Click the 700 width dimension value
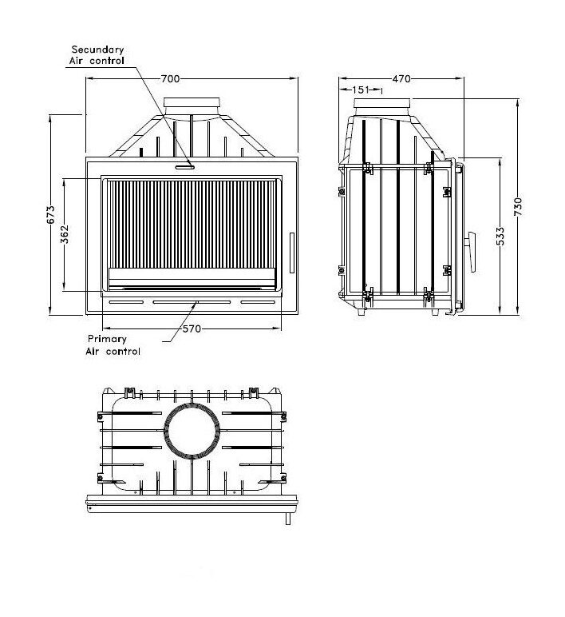point(170,78)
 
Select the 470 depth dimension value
point(401,78)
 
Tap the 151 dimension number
point(361,90)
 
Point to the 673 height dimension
point(51,215)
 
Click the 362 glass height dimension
point(65,234)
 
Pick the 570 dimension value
point(192,329)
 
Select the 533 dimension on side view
point(500,236)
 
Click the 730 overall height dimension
point(518,206)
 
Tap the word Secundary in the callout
point(97,50)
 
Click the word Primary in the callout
point(107,339)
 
